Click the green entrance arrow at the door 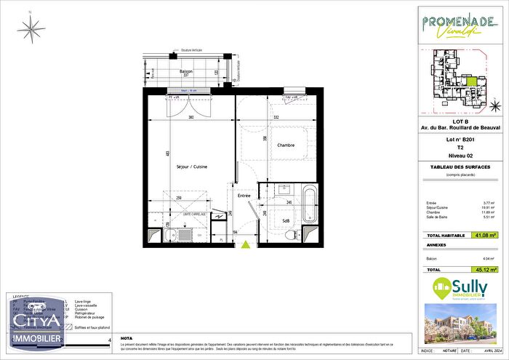[x=245, y=245]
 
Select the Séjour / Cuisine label [x=192, y=167]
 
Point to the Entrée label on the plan [x=244, y=195]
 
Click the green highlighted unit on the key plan [x=473, y=82]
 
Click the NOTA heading [x=128, y=317]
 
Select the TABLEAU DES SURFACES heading [x=461, y=167]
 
